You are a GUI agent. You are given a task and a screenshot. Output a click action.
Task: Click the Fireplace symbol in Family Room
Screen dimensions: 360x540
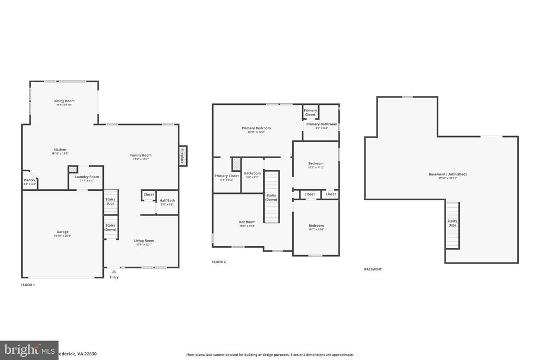coord(182,156)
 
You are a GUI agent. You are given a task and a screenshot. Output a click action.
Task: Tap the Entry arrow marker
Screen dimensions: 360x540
coord(114,271)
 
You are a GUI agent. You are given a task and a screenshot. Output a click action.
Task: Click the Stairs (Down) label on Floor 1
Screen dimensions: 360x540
coord(110,227)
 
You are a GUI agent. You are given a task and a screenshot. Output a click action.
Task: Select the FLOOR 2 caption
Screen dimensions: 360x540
coord(218,262)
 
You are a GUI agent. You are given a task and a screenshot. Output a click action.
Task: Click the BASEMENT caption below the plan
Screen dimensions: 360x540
coord(373,269)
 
